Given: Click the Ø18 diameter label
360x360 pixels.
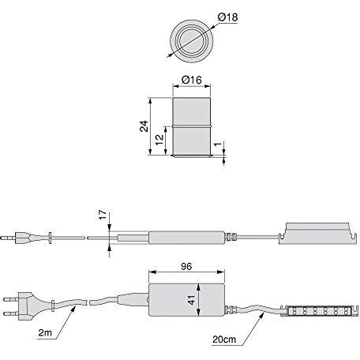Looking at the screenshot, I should (227, 17).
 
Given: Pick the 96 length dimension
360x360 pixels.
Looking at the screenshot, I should (187, 268).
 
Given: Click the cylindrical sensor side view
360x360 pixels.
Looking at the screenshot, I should (193, 126).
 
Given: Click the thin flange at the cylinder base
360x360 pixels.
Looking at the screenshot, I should (193, 157).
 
